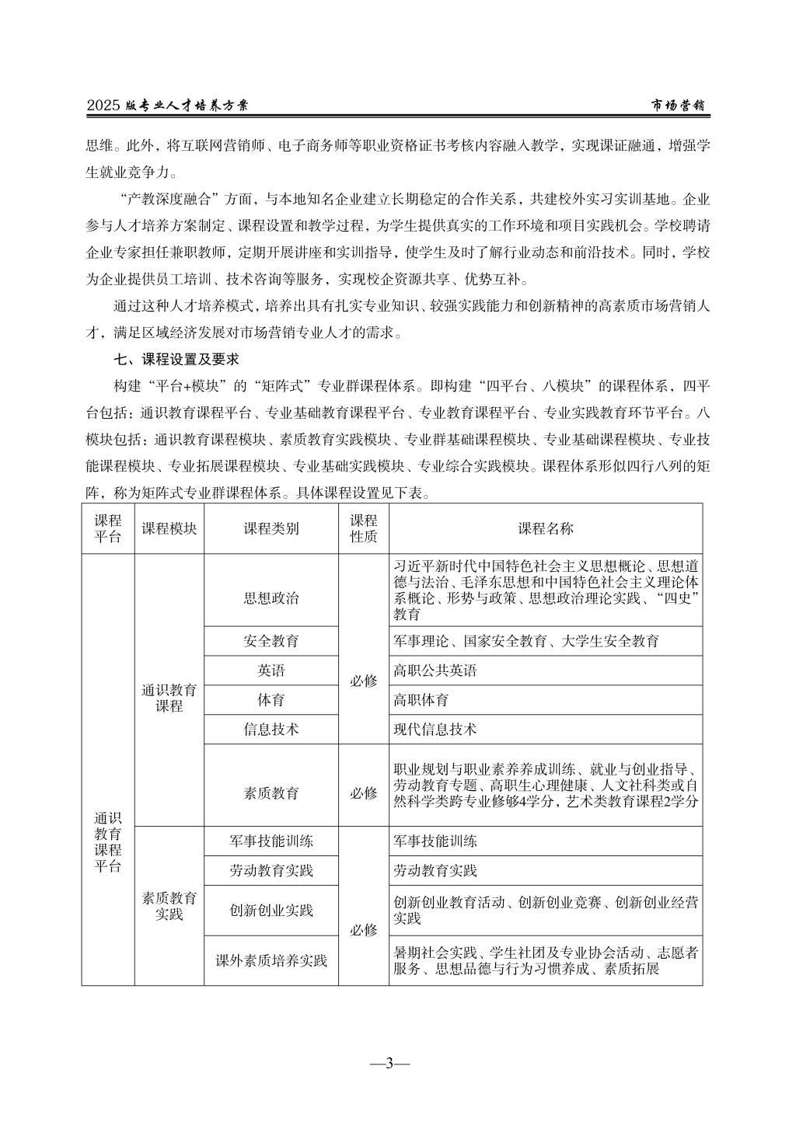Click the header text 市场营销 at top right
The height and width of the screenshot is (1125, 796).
(677, 106)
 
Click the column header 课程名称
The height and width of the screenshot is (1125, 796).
(546, 528)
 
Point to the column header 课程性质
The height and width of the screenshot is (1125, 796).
(363, 528)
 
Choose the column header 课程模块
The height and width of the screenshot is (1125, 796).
(169, 528)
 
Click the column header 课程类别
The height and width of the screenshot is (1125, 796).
(271, 528)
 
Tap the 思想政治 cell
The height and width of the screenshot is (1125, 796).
(271, 597)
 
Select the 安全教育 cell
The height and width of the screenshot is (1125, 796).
(271, 641)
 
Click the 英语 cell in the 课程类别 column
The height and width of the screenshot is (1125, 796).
(271, 670)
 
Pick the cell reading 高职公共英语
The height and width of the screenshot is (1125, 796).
(435, 670)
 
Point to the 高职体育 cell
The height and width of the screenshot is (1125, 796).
(421, 700)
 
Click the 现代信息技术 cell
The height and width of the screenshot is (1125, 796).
(435, 730)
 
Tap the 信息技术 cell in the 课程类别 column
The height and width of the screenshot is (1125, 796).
(271, 730)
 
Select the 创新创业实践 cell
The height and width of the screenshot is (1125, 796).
(271, 911)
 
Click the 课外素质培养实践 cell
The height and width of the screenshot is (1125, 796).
(271, 961)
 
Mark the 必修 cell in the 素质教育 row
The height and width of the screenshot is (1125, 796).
(363, 793)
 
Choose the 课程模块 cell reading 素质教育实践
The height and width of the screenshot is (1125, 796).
(169, 906)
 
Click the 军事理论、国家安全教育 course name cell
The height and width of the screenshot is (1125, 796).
(526, 641)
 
